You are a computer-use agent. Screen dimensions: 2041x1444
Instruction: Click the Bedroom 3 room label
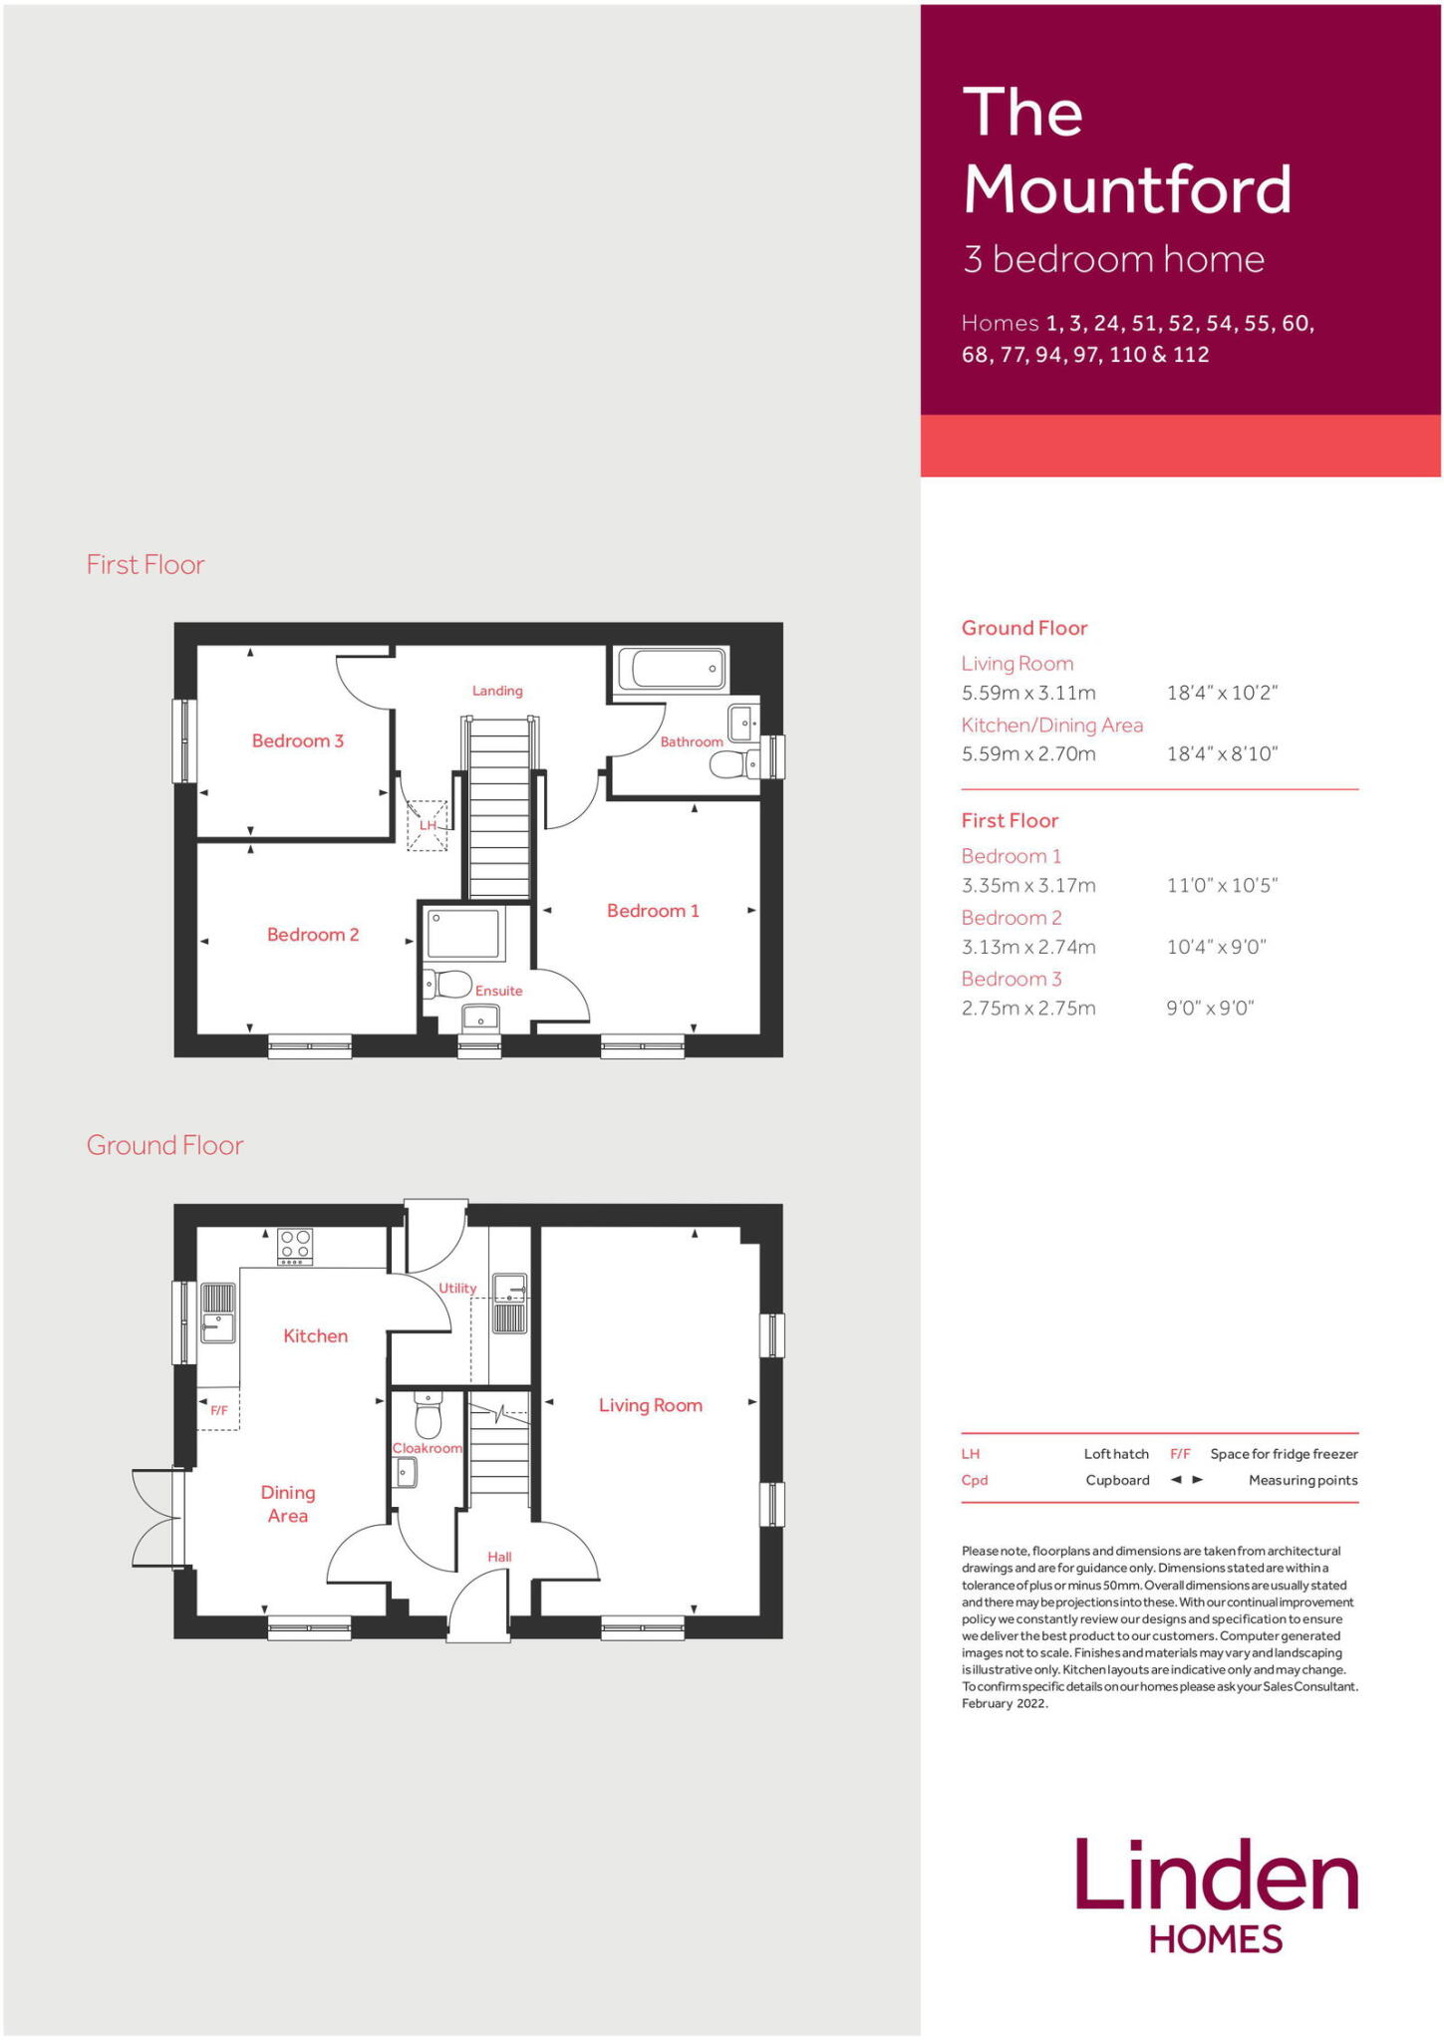tap(297, 740)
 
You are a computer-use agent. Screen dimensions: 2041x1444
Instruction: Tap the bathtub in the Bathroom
tap(671, 669)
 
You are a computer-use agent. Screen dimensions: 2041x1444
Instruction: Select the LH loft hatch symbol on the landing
tap(428, 825)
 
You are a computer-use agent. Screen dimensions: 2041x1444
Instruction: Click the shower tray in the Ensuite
tap(463, 934)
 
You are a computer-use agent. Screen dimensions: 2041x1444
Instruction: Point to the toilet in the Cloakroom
tap(428, 1415)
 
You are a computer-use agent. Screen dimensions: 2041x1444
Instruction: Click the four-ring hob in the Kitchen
tap(295, 1245)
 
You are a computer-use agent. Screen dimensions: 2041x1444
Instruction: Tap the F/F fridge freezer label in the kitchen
tap(219, 1410)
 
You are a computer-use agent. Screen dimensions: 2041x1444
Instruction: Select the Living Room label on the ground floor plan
tap(650, 1405)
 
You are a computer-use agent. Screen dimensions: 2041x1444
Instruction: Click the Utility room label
tap(457, 1288)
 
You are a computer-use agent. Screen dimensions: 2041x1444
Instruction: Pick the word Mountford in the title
tap(1127, 188)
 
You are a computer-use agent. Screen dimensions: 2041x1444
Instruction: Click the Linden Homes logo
tap(1216, 1895)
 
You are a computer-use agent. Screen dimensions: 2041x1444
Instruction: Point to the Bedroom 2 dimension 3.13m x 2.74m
tap(1028, 947)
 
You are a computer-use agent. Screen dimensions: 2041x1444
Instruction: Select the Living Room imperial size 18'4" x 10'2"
tap(1222, 693)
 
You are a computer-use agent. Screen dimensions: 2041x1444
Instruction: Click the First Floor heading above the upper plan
tap(145, 564)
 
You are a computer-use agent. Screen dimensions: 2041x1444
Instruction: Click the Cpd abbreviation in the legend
tap(974, 1480)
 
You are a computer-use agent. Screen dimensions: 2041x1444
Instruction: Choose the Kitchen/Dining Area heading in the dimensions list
tap(1051, 725)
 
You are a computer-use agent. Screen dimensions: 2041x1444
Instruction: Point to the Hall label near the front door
tap(499, 1557)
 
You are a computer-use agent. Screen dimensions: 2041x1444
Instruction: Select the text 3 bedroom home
tap(1113, 259)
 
